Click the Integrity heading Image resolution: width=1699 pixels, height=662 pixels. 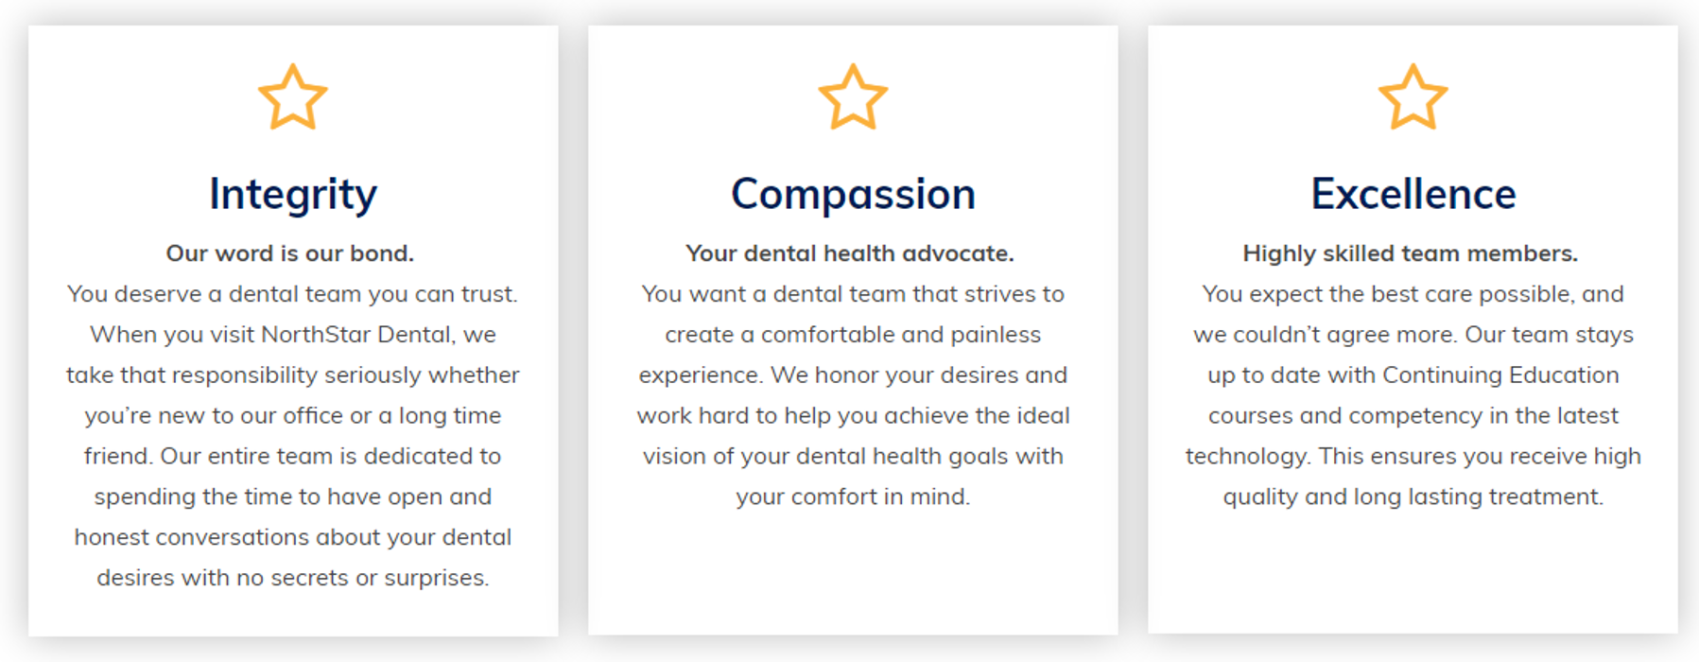point(293,196)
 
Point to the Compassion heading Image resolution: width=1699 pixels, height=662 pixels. point(853,196)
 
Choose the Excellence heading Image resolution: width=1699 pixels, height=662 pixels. point(1413,194)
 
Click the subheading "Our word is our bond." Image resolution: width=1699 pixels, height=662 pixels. point(290,253)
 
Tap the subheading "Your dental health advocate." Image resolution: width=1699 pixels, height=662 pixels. point(850,253)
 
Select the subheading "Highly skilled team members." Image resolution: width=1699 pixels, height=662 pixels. point(1411,253)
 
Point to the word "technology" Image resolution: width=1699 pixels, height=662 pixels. point(1248,457)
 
